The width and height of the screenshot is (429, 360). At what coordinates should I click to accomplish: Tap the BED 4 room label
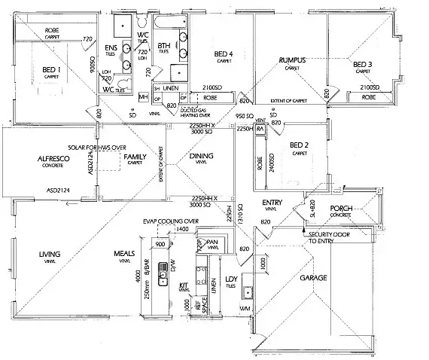[224, 53]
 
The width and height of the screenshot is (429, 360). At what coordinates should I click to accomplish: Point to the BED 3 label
[363, 64]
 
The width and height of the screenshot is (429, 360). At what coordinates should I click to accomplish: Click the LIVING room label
[50, 254]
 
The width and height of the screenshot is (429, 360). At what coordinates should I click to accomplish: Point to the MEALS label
[125, 254]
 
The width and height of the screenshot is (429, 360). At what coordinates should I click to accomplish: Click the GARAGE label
[313, 278]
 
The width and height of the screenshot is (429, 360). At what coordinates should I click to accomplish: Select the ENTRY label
[272, 203]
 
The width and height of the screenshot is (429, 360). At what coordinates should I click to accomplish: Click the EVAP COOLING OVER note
[170, 221]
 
